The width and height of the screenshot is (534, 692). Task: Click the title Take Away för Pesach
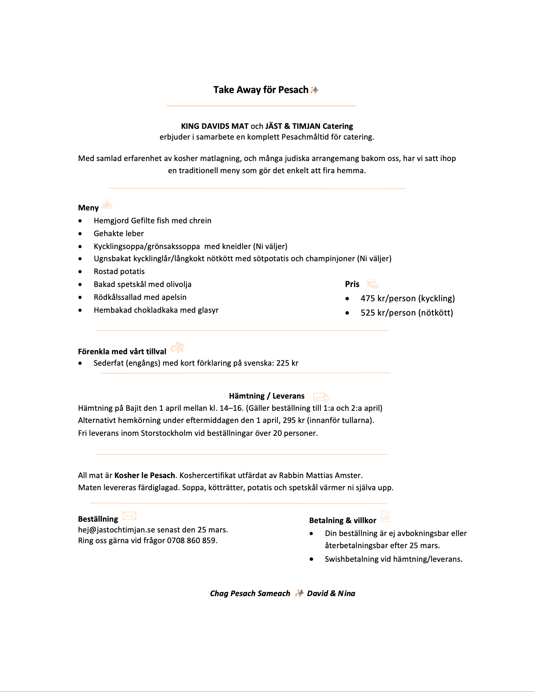tap(261, 90)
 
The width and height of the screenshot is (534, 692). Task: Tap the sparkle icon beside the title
tap(315, 90)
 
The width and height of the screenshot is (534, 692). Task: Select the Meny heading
tap(88, 208)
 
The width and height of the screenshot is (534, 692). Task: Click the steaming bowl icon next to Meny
tap(107, 205)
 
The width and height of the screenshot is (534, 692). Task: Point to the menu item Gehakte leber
tap(118, 234)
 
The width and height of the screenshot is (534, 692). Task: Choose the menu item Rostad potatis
tap(119, 272)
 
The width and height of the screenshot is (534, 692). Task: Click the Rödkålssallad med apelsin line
tap(140, 297)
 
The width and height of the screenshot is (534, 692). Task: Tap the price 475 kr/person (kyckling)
tap(408, 298)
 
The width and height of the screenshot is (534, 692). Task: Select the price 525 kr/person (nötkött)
tap(407, 313)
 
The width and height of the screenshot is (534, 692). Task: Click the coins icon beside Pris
tap(373, 284)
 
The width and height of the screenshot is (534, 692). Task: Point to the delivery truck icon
tap(321, 397)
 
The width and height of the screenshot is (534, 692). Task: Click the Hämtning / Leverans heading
tap(267, 396)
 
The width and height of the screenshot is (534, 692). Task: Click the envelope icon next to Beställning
tap(129, 516)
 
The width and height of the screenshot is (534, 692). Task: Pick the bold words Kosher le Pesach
tap(145, 476)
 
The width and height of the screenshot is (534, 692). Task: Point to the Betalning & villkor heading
tap(343, 521)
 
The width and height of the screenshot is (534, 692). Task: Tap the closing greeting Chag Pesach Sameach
tap(250, 594)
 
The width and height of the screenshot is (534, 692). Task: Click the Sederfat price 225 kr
tap(287, 363)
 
